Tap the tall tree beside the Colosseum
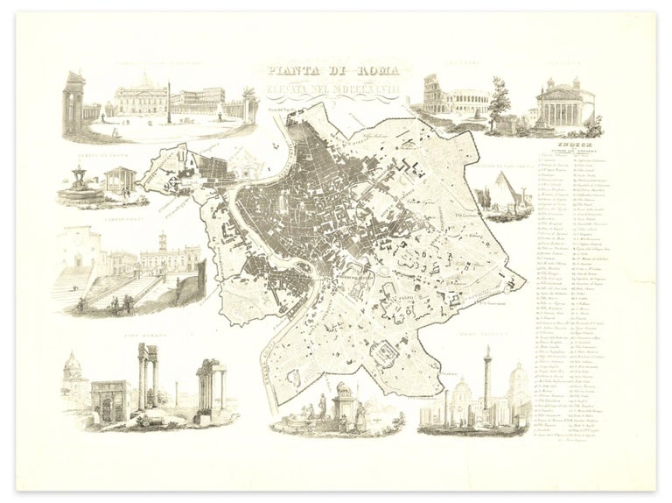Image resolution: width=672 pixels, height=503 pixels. [499, 101]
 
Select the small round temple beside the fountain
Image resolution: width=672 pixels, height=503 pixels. [115, 181]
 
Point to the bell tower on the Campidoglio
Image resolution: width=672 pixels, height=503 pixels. [161, 242]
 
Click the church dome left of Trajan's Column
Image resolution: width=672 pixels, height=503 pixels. [462, 392]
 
